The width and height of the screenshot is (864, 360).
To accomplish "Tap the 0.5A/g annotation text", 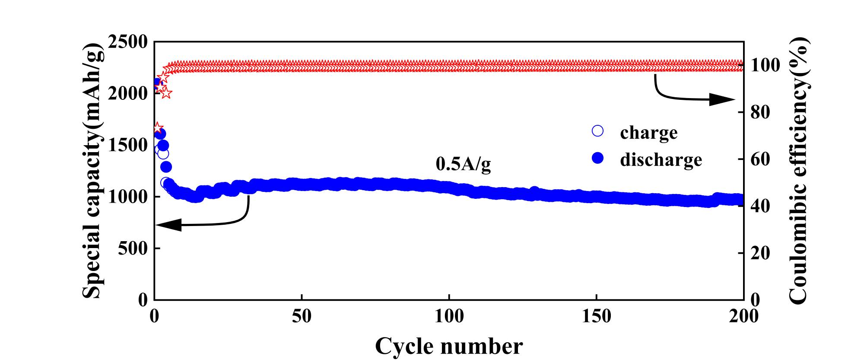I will [463, 165].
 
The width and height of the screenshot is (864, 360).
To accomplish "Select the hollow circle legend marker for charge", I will [598, 131].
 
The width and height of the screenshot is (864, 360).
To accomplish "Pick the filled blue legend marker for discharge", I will [598, 159].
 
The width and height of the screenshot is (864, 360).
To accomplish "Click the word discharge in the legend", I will [661, 159].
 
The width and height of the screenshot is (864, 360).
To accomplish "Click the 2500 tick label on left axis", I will [128, 42].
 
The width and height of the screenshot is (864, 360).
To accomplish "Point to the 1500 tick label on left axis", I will [128, 146].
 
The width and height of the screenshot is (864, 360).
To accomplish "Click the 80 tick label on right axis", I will [761, 112].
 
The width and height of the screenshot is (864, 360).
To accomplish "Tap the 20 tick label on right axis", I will [761, 253].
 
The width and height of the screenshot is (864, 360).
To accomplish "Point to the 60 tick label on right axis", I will [761, 159].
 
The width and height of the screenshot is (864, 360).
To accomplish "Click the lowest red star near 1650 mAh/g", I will [158, 128].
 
